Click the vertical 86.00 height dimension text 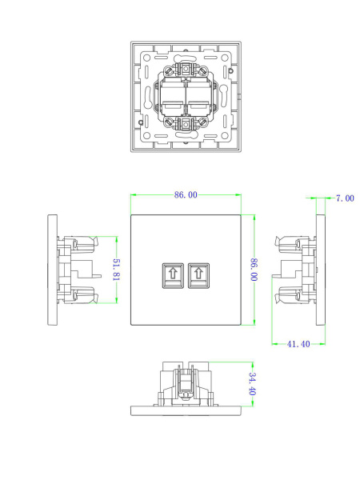click(x=254, y=270)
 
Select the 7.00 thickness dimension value click(x=344, y=198)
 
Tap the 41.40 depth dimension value click(x=298, y=344)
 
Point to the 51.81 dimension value click(x=117, y=270)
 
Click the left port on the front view click(x=172, y=276)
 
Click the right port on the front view click(x=198, y=276)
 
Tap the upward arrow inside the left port click(x=172, y=274)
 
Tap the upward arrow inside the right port click(x=198, y=274)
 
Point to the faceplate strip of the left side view click(x=53, y=270)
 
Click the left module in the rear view click(x=174, y=99)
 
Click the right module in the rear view click(x=198, y=99)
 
